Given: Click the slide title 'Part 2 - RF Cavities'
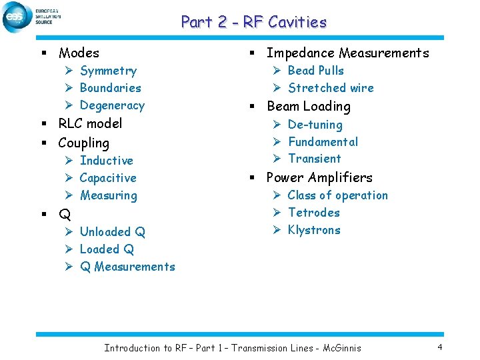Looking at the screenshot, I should (x=253, y=22).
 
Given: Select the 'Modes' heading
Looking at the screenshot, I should (x=79, y=53).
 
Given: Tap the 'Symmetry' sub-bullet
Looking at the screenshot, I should (x=108, y=71).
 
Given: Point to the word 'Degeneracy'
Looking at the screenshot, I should (x=111, y=105).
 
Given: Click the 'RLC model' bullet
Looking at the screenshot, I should (x=90, y=123).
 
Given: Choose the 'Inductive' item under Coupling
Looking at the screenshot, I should (x=106, y=161).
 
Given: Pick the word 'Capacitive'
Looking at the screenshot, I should (x=107, y=178).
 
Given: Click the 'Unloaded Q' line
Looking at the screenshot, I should (x=112, y=232).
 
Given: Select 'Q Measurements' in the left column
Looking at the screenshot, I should (x=127, y=267).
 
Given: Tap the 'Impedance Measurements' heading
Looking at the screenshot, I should (x=347, y=53).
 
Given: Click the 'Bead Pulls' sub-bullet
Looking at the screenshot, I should (x=315, y=71).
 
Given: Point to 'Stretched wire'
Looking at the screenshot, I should (x=331, y=88).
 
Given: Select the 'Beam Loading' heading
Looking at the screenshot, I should (x=308, y=106).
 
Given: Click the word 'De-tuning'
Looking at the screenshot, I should (x=315, y=125).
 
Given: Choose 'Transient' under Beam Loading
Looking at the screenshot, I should (x=314, y=159).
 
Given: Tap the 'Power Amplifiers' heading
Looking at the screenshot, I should (x=319, y=177).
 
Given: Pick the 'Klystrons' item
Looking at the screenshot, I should (x=313, y=230).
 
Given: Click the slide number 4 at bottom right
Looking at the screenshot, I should (x=440, y=347).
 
